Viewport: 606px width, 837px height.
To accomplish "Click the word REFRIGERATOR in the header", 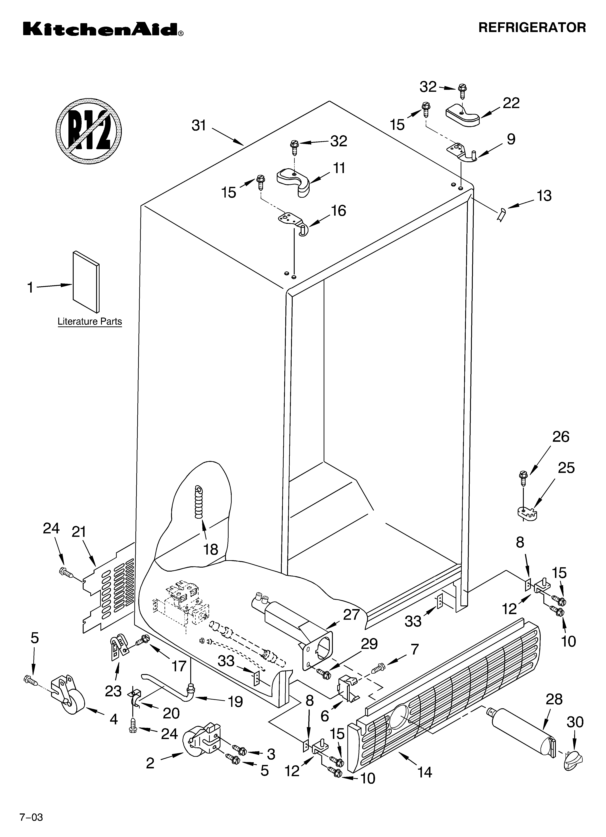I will pyautogui.click(x=532, y=28).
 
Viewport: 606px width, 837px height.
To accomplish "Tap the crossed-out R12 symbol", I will pyautogui.click(x=89, y=131).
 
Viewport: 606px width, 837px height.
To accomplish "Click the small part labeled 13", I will pyautogui.click(x=501, y=214).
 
